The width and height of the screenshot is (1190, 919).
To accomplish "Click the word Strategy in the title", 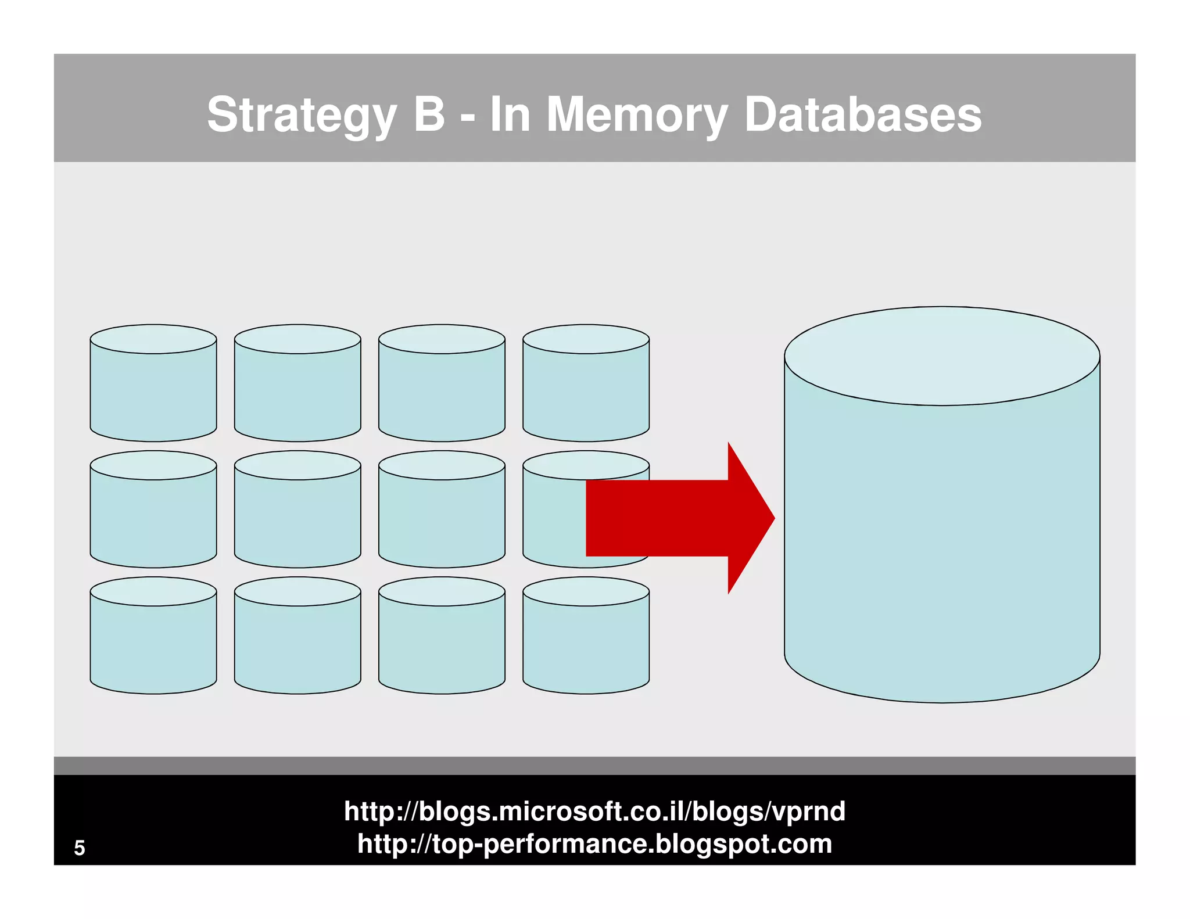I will (x=301, y=115).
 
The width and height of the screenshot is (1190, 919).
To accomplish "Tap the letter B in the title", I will (x=429, y=114).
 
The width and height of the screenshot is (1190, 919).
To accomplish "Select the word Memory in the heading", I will (x=637, y=115).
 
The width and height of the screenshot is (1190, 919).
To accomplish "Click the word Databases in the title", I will (x=862, y=115).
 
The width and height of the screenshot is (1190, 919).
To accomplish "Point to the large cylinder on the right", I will (x=941, y=523).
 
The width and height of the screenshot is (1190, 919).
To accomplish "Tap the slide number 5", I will (x=80, y=848).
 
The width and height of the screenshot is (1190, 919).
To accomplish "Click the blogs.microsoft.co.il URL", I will (x=594, y=811).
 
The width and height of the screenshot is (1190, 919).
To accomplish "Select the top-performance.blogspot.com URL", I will (x=594, y=843).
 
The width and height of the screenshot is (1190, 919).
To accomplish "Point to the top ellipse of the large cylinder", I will (x=941, y=356).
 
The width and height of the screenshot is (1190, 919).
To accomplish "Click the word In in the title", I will (x=510, y=114).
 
